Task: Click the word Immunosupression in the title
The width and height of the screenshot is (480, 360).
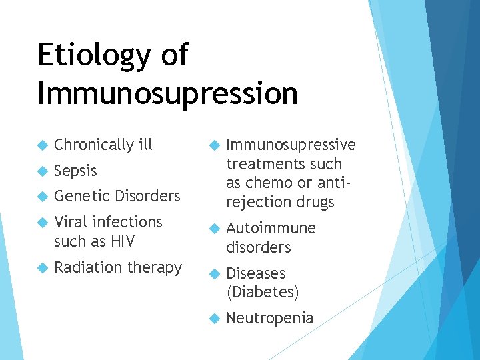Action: (167, 93)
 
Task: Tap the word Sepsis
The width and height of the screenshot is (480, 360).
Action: (75, 171)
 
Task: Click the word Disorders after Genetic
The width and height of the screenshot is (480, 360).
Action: (147, 196)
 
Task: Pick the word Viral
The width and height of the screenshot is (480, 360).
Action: (71, 221)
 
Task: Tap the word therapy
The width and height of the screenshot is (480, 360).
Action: (154, 268)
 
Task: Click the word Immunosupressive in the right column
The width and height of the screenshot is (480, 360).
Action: (291, 145)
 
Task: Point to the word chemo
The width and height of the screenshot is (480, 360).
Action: (268, 183)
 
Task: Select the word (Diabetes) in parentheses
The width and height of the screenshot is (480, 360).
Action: (263, 292)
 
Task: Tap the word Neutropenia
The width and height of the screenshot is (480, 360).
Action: (269, 318)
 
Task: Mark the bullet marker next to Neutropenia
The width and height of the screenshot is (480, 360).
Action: (214, 319)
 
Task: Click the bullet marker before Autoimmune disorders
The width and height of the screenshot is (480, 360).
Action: (214, 229)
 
